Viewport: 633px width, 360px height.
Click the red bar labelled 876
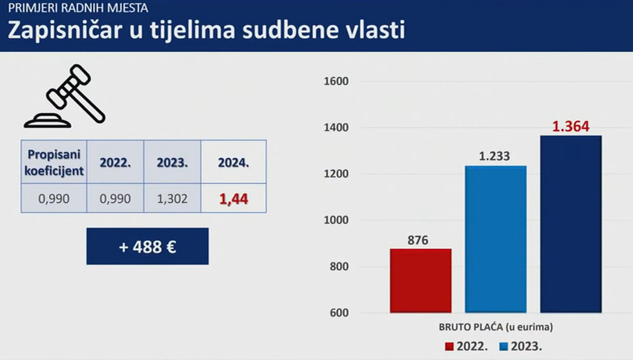[420, 280]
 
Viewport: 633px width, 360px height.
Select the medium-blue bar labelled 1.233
[495, 239]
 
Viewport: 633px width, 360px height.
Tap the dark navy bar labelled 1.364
[570, 224]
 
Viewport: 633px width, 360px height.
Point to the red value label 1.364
[570, 127]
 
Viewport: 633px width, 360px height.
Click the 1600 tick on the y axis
[335, 81]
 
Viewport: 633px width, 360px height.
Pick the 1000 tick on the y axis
[335, 221]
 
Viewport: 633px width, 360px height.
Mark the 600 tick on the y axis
[337, 313]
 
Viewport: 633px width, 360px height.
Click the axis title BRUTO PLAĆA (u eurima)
[495, 327]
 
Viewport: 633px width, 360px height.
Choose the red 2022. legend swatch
[450, 347]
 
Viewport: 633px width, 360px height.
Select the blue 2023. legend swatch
[504, 347]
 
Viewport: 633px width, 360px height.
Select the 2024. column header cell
[233, 162]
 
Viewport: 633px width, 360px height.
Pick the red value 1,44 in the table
[233, 199]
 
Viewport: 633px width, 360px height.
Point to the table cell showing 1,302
[172, 199]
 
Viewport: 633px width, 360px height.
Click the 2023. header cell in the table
[172, 162]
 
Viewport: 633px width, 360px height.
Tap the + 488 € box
[147, 246]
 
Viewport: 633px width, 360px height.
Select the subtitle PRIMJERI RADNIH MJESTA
[78, 9]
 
